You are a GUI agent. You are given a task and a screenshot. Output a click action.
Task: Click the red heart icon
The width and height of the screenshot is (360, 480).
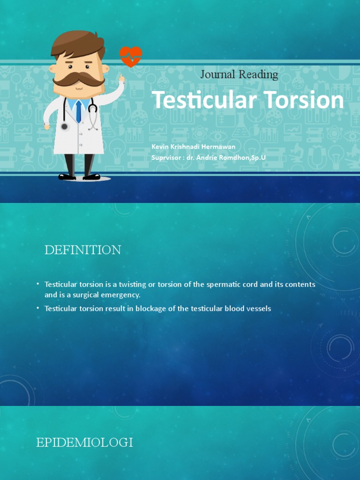[x=130, y=57]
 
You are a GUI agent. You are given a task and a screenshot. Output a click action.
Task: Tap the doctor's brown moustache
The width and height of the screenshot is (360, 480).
[x=78, y=80]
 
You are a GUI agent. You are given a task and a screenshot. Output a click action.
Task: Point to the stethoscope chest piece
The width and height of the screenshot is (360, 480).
[x=65, y=127]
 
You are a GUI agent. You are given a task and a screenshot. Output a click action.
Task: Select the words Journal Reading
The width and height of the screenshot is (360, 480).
[x=239, y=74]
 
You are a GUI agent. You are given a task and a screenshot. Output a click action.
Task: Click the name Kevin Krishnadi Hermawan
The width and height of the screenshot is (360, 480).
[x=193, y=147]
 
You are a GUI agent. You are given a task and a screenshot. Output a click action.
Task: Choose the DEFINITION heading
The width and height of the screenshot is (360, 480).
[x=82, y=250]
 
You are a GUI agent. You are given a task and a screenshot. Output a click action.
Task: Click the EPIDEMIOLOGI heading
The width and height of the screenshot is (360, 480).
[x=84, y=442]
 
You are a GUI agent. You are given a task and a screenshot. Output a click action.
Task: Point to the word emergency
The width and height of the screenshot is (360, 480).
[x=123, y=295]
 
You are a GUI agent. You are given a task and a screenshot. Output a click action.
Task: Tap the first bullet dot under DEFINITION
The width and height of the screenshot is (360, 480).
[x=37, y=285]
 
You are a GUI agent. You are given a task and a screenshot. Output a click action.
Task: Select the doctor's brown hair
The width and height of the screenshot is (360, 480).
[x=77, y=42]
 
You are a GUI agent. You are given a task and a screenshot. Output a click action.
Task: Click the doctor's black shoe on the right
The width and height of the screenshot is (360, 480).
[x=91, y=177]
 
